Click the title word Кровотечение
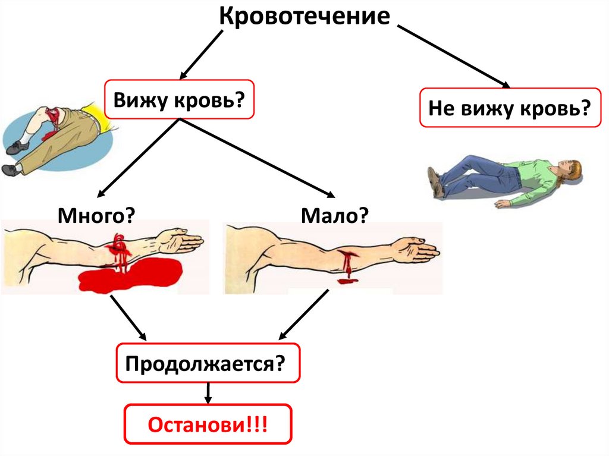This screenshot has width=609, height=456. [304, 16]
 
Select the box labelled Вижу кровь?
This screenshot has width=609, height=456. [179, 99]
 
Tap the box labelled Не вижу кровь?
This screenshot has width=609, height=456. [510, 108]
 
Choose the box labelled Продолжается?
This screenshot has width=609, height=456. [208, 363]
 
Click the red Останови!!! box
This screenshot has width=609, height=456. [208, 424]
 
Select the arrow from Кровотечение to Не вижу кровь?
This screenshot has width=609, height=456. [451, 56]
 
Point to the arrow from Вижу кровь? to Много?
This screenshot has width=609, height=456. [138, 158]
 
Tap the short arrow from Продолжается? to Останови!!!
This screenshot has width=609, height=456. [208, 392]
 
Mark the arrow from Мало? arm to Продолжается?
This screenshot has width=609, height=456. [303, 315]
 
